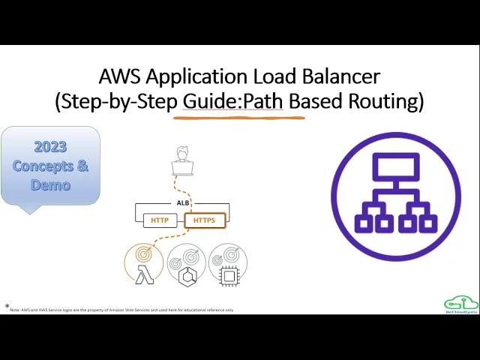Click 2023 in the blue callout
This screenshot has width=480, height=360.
click(x=50, y=146)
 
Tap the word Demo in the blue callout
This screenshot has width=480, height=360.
click(x=50, y=184)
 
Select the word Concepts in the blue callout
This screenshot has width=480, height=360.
click(x=43, y=166)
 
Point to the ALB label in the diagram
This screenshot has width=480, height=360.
click(x=182, y=202)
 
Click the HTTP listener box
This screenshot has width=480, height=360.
click(x=160, y=220)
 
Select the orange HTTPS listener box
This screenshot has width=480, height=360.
click(x=204, y=220)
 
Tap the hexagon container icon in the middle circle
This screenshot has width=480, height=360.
click(x=187, y=275)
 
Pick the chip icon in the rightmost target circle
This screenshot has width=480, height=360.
click(x=229, y=275)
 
